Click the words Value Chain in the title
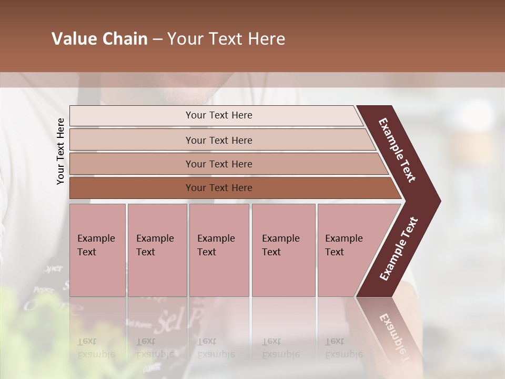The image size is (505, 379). (x=99, y=39)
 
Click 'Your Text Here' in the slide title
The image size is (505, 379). (x=226, y=39)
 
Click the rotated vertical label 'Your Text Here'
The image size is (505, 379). (x=60, y=151)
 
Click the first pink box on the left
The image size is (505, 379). (x=97, y=250)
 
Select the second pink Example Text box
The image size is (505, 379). (x=157, y=250)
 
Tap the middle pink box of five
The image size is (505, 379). (x=219, y=250)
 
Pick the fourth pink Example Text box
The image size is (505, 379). (x=283, y=250)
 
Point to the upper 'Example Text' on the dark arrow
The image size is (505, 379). (x=397, y=150)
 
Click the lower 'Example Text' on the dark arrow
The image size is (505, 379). (x=398, y=249)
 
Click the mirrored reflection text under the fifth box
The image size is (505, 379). (x=337, y=348)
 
